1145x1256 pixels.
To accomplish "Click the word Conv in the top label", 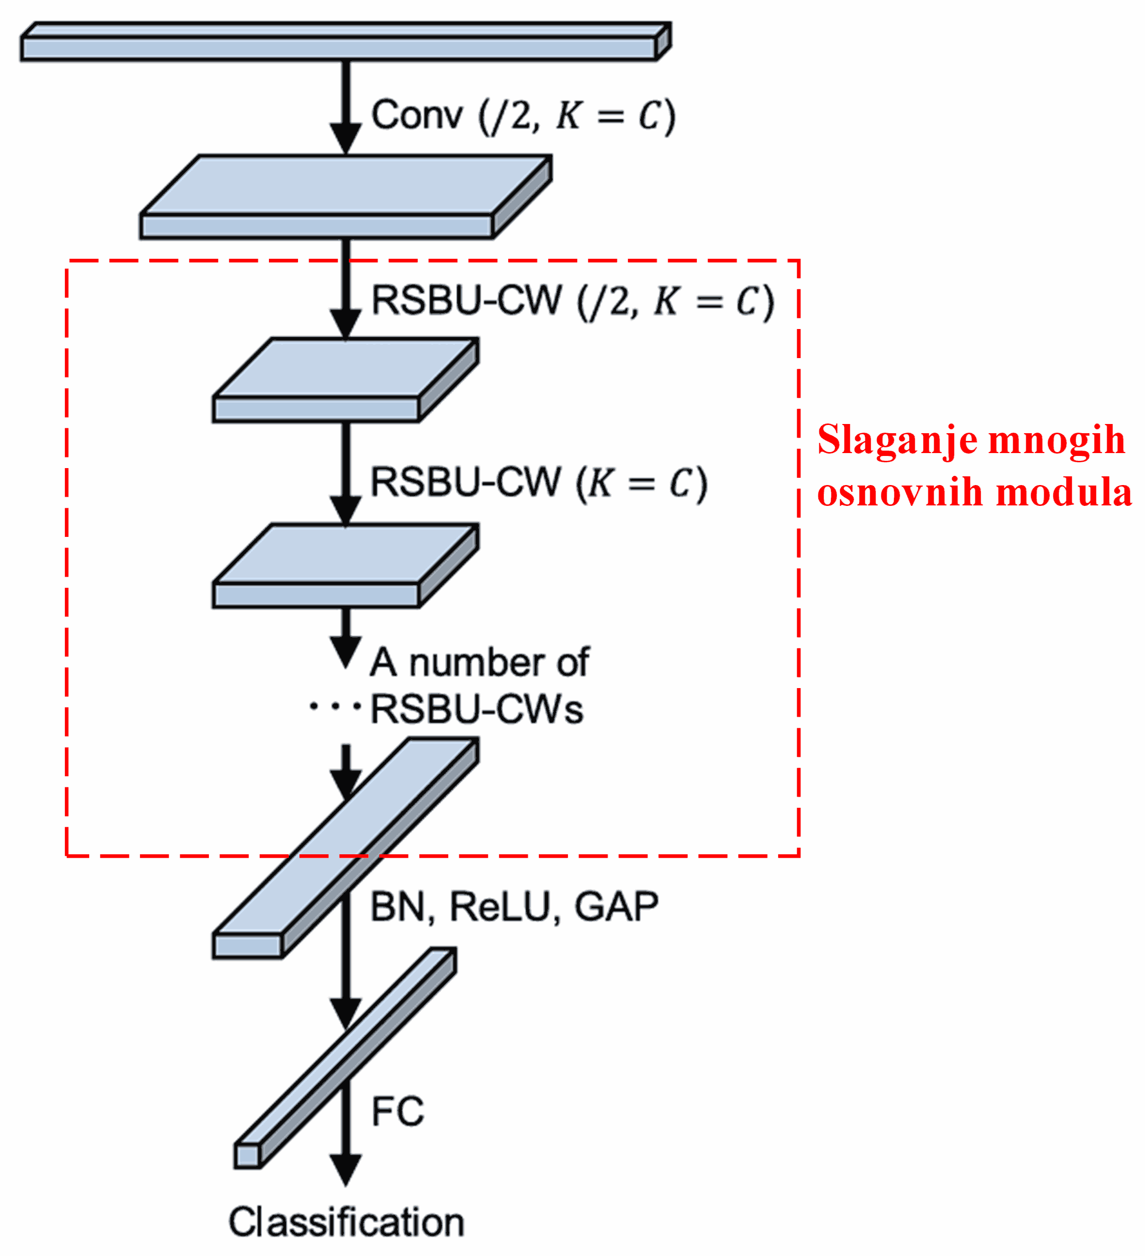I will tap(417, 115).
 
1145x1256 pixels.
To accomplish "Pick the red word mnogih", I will tap(1056, 440).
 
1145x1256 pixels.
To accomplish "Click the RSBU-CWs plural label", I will tap(477, 709).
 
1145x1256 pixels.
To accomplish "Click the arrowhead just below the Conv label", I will tap(346, 137).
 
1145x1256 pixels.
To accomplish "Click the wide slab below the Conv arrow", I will tap(346, 197).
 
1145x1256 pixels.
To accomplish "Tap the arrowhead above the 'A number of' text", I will tap(346, 651).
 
